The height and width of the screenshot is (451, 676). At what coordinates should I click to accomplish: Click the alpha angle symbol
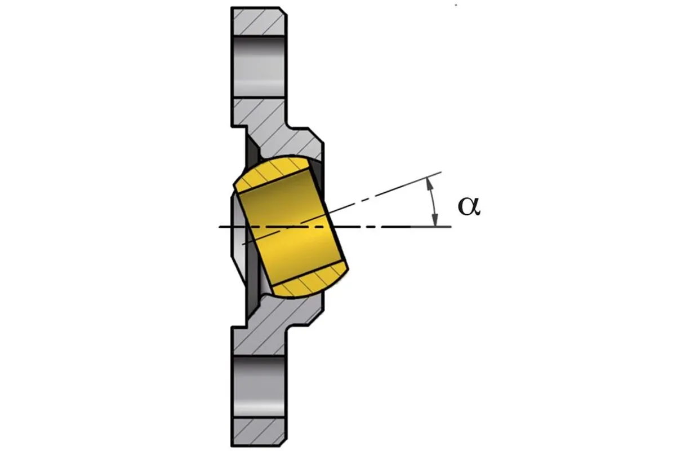click(x=469, y=207)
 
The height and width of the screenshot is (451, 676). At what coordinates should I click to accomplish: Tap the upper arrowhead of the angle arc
click(x=429, y=184)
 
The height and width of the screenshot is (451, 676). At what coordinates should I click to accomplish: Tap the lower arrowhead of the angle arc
click(x=434, y=220)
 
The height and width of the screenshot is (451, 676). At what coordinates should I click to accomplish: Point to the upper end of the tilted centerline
click(x=441, y=172)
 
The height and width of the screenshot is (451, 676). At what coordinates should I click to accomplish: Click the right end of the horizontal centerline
click(x=451, y=226)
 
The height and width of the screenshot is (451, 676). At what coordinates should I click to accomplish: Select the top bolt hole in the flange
click(x=259, y=67)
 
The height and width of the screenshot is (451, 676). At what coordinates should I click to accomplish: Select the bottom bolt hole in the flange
click(x=259, y=387)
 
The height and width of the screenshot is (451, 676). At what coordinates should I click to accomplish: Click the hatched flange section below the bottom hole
click(x=259, y=432)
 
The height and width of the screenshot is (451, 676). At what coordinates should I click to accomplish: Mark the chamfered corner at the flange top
click(x=283, y=11)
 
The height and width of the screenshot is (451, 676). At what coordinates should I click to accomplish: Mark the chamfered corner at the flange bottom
click(x=283, y=443)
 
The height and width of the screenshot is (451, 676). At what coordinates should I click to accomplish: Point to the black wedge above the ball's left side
click(x=252, y=157)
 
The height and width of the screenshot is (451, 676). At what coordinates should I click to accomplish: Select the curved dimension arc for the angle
click(x=433, y=202)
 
